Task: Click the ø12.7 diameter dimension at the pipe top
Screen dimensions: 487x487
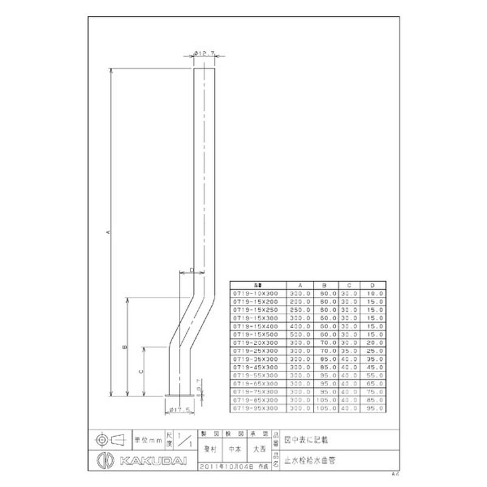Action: pos(205,54)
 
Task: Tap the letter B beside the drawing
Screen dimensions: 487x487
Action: pos(124,347)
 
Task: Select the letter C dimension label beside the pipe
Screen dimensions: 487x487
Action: pos(141,370)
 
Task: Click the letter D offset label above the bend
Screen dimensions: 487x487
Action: pos(191,270)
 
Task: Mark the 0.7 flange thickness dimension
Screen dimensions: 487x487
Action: pos(199,384)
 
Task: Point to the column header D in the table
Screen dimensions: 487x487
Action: pos(372,285)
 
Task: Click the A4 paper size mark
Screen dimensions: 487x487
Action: pos(395,472)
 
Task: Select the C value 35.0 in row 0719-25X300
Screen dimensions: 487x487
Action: pos(349,351)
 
